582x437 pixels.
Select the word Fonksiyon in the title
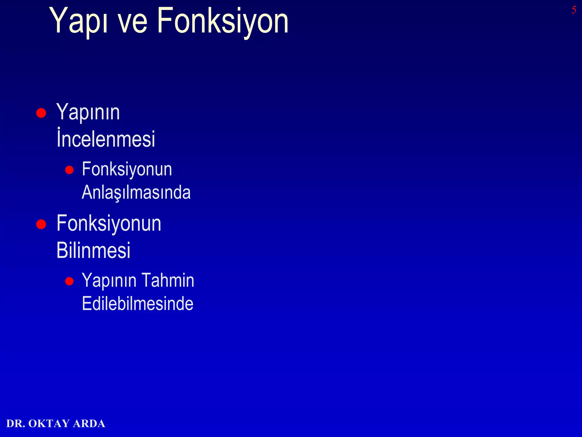point(223,22)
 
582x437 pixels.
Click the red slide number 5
point(574,10)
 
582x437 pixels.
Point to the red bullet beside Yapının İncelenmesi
point(41,113)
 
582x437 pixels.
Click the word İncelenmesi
point(106,139)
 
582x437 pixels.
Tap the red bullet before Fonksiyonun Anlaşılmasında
point(69,170)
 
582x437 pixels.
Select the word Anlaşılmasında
point(136,192)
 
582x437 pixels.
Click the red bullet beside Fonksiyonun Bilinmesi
point(41,224)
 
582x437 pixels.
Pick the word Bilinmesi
point(93,250)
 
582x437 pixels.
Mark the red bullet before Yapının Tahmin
point(69,281)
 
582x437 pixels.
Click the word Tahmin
point(168,281)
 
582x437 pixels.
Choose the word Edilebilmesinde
point(138,304)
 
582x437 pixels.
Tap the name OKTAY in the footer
point(49,424)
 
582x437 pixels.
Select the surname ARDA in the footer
point(89,424)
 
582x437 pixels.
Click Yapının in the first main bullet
point(88,113)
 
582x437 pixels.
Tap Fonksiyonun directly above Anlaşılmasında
point(127,170)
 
